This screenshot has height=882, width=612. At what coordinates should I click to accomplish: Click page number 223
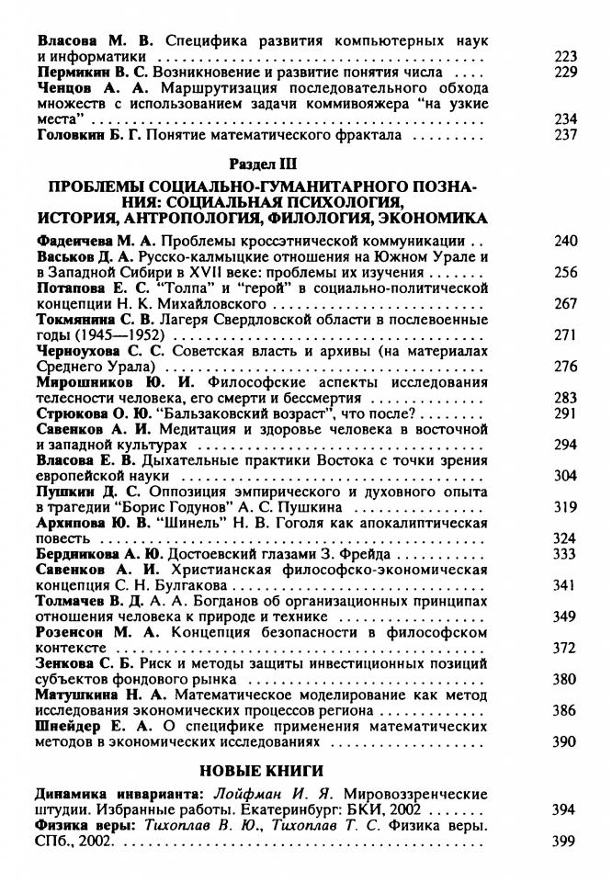click(x=566, y=57)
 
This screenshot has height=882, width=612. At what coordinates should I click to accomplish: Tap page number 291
click(x=566, y=413)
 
